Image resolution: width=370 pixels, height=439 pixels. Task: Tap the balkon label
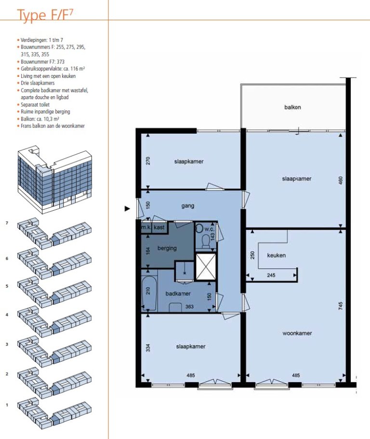pos(292,107)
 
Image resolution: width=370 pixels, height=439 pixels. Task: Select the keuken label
pos(276,255)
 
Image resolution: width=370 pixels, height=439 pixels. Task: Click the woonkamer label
pos(297,333)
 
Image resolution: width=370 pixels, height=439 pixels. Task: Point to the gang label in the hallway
pos(188,206)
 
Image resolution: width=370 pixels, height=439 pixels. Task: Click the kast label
pos(159,227)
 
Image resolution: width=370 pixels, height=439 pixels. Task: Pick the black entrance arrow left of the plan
pos(128,209)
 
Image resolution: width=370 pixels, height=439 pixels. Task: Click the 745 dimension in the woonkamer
pos(341,306)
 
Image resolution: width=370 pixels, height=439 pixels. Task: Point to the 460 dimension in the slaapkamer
pos(341,180)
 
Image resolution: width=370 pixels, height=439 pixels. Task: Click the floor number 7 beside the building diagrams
pos(7,223)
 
